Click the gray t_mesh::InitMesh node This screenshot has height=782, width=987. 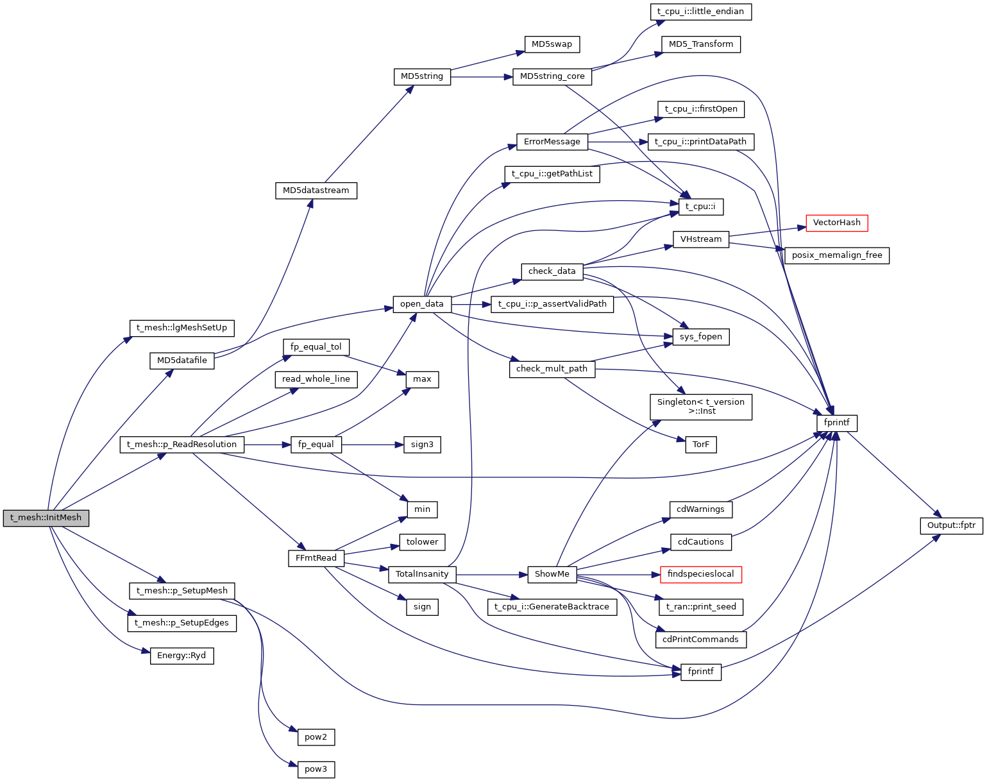pos(46,518)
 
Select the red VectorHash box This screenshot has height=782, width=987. pos(836,223)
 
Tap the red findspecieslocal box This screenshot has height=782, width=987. pos(700,574)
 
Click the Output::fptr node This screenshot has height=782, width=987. pos(951,525)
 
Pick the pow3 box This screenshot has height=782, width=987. pos(316,769)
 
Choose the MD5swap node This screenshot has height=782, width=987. pos(552,44)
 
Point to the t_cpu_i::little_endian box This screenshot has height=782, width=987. pos(700,12)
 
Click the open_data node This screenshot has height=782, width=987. pos(421,304)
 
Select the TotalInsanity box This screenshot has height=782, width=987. pos(421,574)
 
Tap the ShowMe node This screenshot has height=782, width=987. pos(552,574)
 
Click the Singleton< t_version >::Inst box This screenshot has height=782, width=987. pos(700,407)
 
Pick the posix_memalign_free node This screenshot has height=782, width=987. pos(836,255)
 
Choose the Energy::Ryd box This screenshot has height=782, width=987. pos(181,656)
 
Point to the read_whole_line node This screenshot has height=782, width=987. pos(316,379)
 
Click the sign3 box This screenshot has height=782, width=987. pos(422,445)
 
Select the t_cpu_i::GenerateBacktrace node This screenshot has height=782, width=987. pos(552,607)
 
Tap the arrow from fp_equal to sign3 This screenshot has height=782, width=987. pos(372,445)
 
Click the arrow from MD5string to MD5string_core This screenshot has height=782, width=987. pos(481,77)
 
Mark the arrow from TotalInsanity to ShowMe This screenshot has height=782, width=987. pos(491,574)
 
